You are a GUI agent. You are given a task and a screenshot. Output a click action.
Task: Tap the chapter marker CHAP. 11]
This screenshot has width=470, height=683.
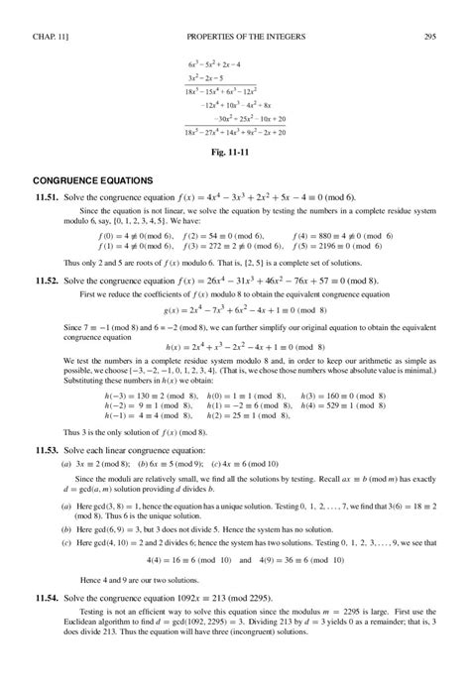click(x=47, y=11)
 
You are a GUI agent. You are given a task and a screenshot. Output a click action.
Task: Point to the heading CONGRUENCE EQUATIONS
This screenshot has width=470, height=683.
click(x=93, y=181)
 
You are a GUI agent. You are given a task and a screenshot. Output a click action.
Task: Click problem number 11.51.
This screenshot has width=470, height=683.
click(x=48, y=197)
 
